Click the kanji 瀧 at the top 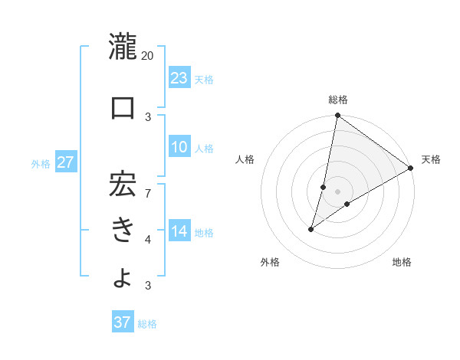(x=122, y=47)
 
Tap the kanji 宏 (x=122, y=181)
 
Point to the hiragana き (x=122, y=229)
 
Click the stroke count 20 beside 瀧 (x=148, y=56)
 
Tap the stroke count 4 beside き (x=148, y=240)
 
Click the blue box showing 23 (x=179, y=77)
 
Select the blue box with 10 (x=179, y=147)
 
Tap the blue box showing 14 (x=179, y=231)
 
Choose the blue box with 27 (x=65, y=162)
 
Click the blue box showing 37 (x=123, y=322)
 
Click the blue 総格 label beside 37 (x=147, y=324)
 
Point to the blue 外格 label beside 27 (x=41, y=163)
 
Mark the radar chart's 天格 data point (x=411, y=169)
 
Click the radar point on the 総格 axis (x=337, y=116)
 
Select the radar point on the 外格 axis (x=311, y=229)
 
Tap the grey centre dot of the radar (x=337, y=191)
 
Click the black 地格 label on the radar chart (x=402, y=263)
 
